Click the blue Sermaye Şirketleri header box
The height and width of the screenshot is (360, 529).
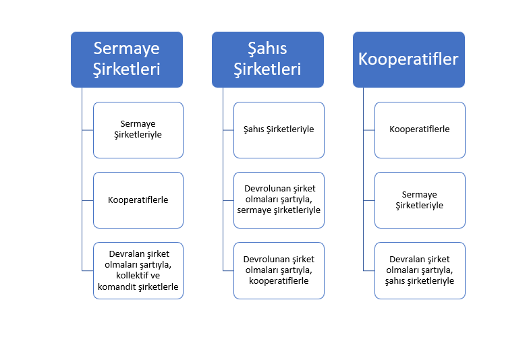click(127, 59)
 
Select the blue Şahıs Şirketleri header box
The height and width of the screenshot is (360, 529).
click(268, 59)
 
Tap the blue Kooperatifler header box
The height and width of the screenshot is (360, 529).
click(409, 59)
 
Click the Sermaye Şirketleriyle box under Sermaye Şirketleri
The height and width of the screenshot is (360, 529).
click(138, 130)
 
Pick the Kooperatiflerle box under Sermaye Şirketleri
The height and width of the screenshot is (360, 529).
click(138, 200)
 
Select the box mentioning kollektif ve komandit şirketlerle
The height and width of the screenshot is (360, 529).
click(138, 271)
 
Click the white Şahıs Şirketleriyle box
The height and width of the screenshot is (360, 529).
click(279, 130)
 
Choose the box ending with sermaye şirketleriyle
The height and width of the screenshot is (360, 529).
click(279, 200)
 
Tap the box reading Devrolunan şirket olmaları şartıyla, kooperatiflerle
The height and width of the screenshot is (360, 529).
click(279, 271)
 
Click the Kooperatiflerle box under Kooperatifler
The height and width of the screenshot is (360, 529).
click(420, 130)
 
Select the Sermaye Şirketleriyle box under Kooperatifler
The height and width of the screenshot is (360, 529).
click(420, 200)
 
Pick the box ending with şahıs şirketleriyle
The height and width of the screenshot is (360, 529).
click(420, 271)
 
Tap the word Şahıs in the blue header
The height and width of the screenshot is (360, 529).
click(267, 49)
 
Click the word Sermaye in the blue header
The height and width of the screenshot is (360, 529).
click(127, 49)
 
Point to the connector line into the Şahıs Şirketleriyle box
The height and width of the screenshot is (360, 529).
click(228, 130)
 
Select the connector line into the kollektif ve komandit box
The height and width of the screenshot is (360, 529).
click(88, 271)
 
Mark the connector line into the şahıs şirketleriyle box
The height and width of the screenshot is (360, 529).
click(368, 271)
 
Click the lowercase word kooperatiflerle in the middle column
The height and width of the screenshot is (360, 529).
click(279, 280)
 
